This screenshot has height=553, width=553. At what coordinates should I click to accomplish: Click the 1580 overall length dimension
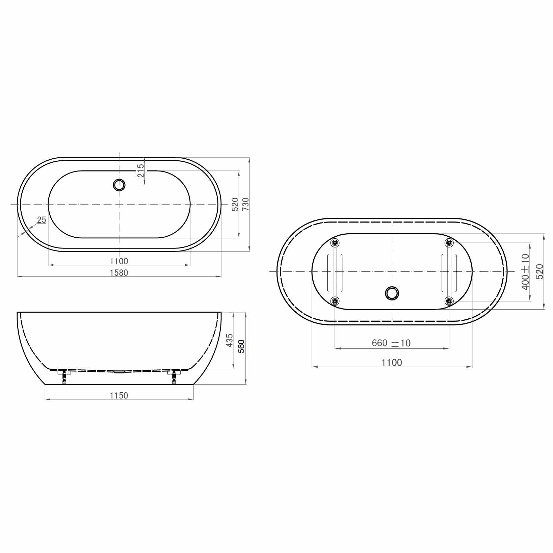(119, 272)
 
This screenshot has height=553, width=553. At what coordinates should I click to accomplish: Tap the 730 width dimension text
(245, 204)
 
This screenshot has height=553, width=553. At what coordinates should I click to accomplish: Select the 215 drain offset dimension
(141, 170)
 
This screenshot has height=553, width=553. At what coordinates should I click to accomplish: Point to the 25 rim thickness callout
(42, 220)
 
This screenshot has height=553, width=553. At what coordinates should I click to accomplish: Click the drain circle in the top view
(119, 185)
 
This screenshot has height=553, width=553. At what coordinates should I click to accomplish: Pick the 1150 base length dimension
(119, 395)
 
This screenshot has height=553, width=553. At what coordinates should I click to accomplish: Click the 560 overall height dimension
(241, 346)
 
